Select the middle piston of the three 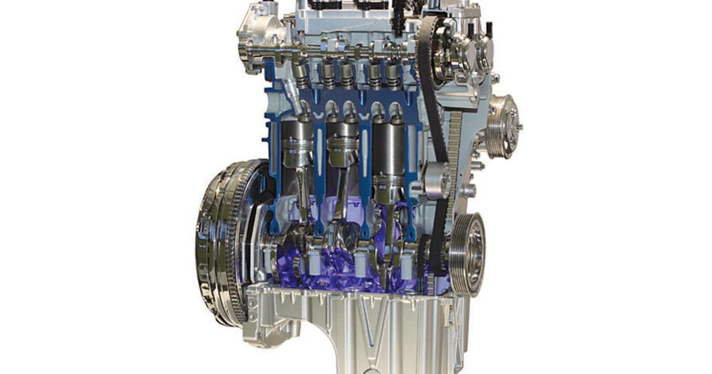tap(342, 145)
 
